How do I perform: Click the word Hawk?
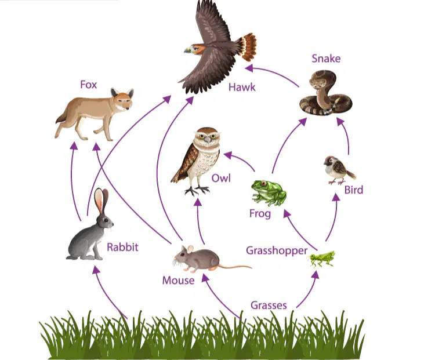point(242,88)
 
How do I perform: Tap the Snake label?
point(326,59)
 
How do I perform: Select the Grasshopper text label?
point(277,250)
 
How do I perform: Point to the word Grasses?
point(269,305)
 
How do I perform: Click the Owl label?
point(221,178)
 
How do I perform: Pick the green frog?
point(269,192)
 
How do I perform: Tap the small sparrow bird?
point(339,170)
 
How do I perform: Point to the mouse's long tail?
point(235,267)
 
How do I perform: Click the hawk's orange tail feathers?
point(249,46)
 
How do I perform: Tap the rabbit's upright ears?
point(101,199)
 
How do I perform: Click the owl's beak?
point(207,140)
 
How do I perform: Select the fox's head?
point(122,99)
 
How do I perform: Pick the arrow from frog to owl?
point(241,158)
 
